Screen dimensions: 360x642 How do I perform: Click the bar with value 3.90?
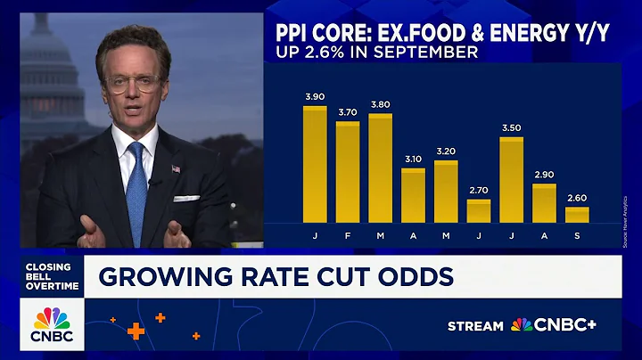point(315,165)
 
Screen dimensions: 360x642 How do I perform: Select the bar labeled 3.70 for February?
point(348,172)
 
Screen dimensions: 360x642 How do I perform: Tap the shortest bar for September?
point(577,215)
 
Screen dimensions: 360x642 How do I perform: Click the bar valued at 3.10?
point(413,195)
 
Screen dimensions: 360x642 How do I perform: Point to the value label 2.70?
point(479,190)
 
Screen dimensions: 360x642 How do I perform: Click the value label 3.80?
point(381,104)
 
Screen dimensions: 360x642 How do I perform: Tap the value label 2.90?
point(544,175)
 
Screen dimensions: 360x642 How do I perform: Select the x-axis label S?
point(577,235)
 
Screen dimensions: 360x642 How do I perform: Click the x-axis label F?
point(348,235)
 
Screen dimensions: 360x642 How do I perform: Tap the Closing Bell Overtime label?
point(51,276)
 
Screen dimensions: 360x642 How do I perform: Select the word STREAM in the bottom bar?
point(475,326)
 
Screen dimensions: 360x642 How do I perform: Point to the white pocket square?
point(186,198)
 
